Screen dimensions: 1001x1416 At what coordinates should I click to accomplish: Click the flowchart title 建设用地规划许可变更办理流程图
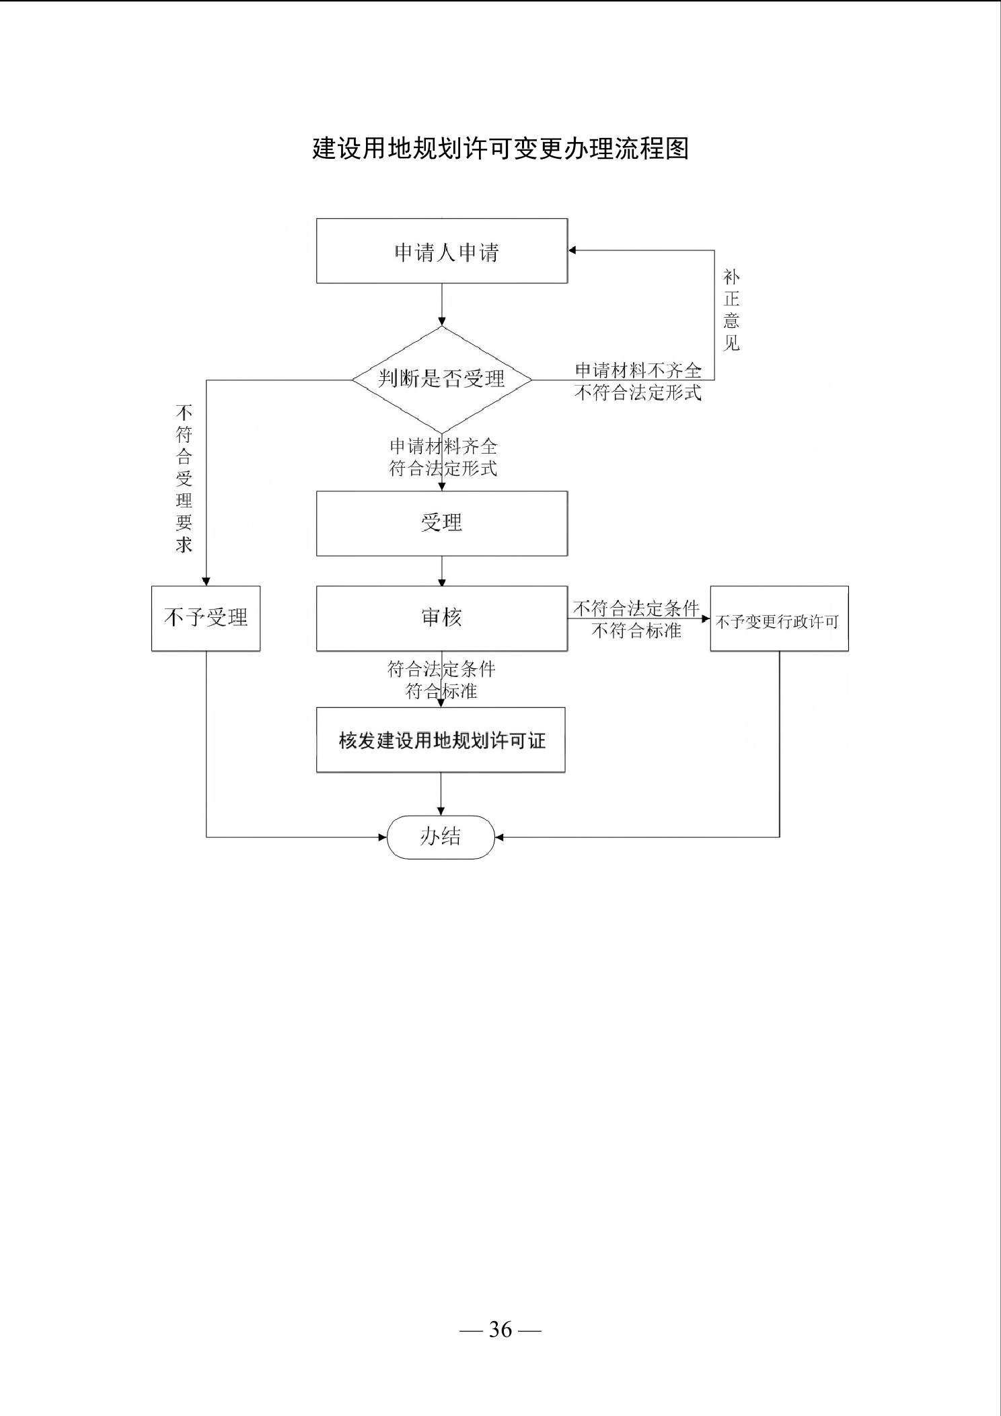pos(500,149)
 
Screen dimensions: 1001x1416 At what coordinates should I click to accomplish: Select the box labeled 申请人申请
pos(442,250)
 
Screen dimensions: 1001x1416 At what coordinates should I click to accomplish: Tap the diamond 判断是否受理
pos(442,380)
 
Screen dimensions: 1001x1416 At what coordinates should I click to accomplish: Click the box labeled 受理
pos(442,524)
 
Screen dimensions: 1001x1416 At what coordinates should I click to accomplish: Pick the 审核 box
pos(442,618)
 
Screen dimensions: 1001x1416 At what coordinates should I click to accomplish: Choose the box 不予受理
pos(206,618)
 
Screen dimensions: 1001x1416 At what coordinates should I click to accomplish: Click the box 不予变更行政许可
pos(779,618)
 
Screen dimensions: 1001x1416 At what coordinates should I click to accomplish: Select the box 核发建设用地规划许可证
pos(441,740)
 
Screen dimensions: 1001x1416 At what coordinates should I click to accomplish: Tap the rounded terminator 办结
pos(441,837)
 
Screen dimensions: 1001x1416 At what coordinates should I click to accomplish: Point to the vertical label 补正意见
pos(731,310)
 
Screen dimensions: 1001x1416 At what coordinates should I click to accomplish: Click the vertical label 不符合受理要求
pos(184,479)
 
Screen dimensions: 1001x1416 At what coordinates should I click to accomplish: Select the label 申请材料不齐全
pos(638,371)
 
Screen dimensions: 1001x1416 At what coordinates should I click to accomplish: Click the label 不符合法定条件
pos(636,609)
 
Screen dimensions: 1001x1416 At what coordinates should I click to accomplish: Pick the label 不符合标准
pos(636,631)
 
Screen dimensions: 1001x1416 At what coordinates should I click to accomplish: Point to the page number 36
pos(500,1329)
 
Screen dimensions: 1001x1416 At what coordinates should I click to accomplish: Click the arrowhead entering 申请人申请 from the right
pos(572,250)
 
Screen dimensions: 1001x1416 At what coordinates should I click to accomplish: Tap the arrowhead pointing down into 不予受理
pos(206,581)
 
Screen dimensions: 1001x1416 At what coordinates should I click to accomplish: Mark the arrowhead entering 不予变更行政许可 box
pos(706,618)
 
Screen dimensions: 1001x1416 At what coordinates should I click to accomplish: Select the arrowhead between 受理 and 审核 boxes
pos(442,581)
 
